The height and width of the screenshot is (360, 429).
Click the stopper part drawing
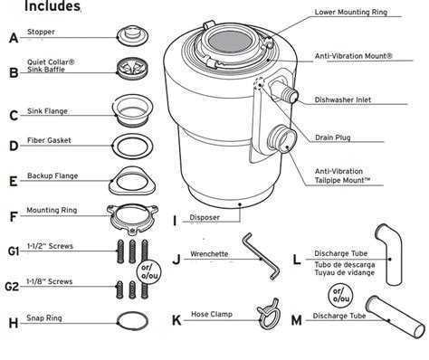click(x=132, y=35)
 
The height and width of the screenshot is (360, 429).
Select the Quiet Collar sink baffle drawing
click(x=132, y=69)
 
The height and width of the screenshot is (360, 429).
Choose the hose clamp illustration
click(x=269, y=314)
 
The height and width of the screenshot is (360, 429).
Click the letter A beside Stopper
click(x=14, y=38)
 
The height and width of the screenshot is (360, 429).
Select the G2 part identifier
click(x=12, y=287)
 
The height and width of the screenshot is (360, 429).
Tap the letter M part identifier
click(x=296, y=320)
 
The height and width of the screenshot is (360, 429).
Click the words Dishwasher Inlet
click(x=343, y=99)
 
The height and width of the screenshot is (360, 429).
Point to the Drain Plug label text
click(x=333, y=137)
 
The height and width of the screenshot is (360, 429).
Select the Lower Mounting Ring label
click(x=351, y=12)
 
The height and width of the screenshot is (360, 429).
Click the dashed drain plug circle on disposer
click(x=259, y=82)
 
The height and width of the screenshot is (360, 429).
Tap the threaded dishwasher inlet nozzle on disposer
click(x=285, y=92)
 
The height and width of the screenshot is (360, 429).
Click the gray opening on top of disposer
click(x=230, y=41)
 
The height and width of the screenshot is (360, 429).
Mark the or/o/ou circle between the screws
click(x=149, y=271)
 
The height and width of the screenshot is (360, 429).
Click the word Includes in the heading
click(x=52, y=6)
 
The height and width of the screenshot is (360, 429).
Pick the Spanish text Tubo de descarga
click(x=345, y=265)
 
